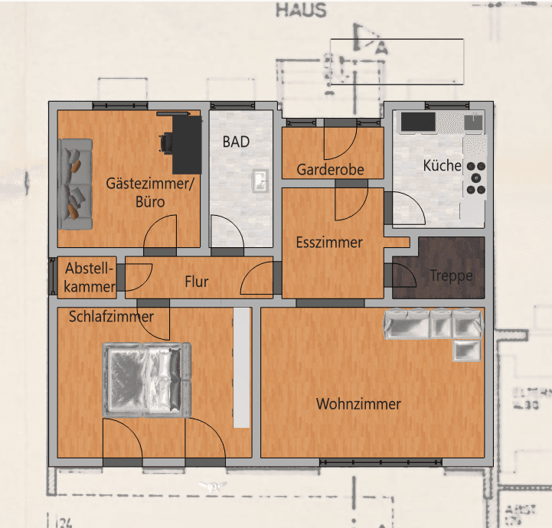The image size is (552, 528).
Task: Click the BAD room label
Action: click(236, 142)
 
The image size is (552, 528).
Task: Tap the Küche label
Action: click(442, 165)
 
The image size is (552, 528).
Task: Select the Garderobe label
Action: click(330, 169)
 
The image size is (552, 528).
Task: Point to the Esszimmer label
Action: click(328, 243)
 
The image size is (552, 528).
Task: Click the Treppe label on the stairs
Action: click(451, 276)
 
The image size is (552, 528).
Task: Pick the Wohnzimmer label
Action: click(358, 404)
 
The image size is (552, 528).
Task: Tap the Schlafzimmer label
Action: click(111, 316)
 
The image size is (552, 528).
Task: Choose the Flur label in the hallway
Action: click(197, 282)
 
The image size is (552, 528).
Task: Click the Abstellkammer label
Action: click(90, 278)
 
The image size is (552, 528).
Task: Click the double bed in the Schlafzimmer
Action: click(146, 380)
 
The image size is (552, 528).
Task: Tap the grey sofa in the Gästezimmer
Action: click(76, 184)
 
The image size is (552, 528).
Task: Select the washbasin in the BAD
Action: click(260, 181)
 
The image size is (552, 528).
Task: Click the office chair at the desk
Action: click(168, 142)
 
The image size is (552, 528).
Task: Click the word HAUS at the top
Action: click(301, 11)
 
